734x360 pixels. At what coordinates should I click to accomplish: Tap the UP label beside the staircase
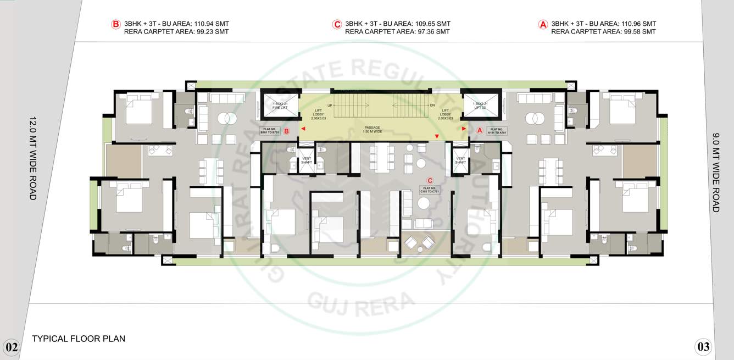click(330, 105)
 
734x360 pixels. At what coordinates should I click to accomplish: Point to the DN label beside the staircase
click(432, 105)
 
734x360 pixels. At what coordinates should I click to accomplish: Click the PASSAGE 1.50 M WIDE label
click(372, 130)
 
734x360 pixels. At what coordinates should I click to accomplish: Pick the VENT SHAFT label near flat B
click(307, 160)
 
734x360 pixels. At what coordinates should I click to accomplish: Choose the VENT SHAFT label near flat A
click(460, 160)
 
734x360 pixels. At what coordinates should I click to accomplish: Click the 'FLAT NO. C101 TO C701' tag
click(430, 190)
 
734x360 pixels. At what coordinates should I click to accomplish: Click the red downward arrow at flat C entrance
click(437, 136)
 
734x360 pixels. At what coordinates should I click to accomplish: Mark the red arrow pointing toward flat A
click(464, 129)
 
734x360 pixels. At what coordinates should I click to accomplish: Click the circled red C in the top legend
click(337, 24)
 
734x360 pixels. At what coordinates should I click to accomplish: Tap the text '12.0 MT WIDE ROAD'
click(32, 158)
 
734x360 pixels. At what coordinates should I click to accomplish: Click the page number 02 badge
click(11, 347)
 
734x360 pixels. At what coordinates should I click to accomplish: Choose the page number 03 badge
click(703, 347)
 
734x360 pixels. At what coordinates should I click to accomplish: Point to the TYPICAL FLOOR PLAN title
click(79, 339)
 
